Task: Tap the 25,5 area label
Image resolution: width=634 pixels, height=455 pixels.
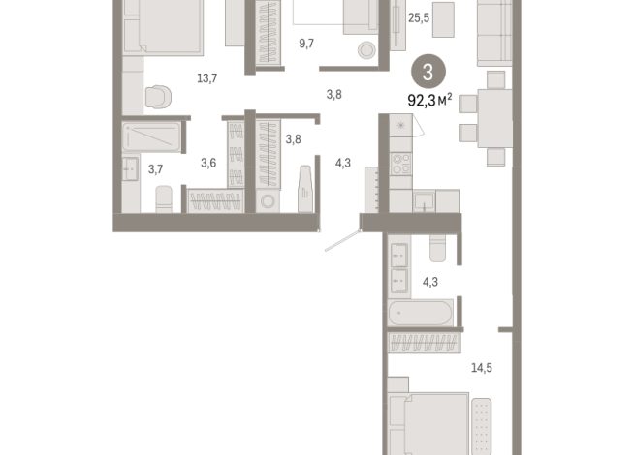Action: [418, 17]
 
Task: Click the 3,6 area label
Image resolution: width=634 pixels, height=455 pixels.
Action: [207, 163]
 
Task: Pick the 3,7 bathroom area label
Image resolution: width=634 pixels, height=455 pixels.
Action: [155, 169]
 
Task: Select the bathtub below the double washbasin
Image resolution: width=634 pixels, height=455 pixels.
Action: [419, 314]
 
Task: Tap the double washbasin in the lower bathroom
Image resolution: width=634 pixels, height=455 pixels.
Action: [399, 267]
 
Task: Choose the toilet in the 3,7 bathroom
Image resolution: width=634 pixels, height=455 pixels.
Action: [165, 197]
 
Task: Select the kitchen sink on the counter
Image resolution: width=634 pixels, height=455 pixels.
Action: [424, 200]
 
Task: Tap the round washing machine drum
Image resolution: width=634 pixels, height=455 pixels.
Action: [269, 201]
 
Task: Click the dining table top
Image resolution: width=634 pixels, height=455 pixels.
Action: [495, 117]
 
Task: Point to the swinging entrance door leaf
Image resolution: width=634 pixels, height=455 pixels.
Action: [342, 239]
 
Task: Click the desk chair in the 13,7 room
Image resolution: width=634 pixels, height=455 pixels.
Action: [157, 97]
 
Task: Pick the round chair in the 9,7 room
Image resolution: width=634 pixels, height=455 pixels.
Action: [367, 51]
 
